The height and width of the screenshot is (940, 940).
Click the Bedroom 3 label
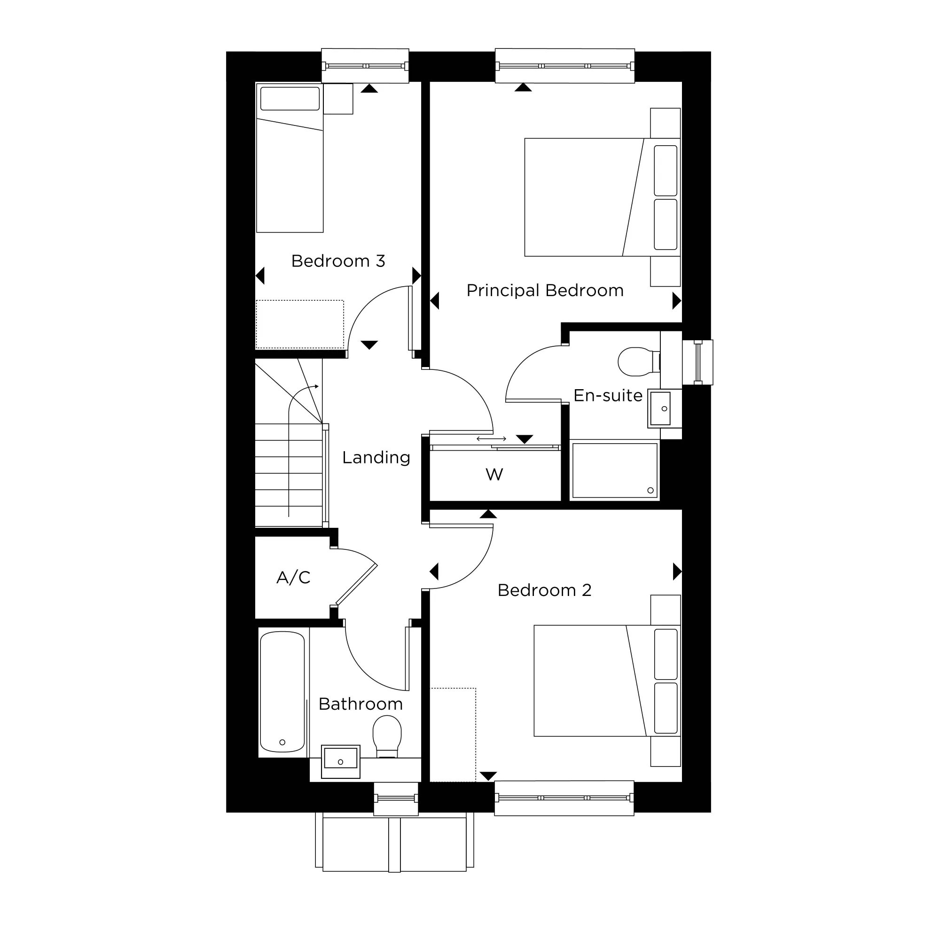point(338,261)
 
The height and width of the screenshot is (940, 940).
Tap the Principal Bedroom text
point(545,290)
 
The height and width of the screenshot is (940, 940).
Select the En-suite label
point(608,396)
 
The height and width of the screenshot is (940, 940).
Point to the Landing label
point(376,457)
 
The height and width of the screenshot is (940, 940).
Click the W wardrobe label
point(494,474)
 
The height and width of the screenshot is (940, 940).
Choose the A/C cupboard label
point(293,578)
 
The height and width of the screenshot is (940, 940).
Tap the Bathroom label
point(360,704)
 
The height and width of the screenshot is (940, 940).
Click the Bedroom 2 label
point(544,590)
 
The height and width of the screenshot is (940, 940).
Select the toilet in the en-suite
point(637,361)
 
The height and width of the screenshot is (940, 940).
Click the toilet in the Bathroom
point(387,736)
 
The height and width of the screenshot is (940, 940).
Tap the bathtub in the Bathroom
point(282,691)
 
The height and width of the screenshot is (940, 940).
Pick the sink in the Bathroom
point(341,761)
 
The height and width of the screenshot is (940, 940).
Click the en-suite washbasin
point(662,408)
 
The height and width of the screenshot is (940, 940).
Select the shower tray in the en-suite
point(614,470)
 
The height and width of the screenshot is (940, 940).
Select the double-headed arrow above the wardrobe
point(491,439)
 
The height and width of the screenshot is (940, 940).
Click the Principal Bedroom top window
point(565,66)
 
